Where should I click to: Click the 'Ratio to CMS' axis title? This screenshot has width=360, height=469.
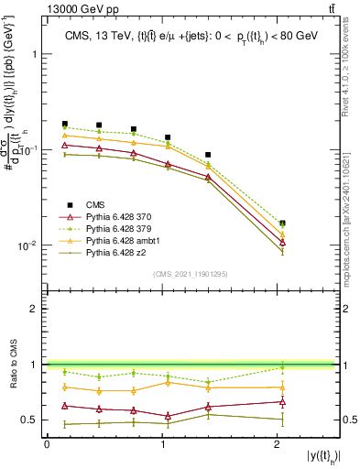click(12, 364)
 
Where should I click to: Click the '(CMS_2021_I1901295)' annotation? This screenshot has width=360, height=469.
click(191, 274)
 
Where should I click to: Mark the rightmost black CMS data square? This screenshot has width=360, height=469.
click(282, 224)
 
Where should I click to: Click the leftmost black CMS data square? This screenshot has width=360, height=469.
click(64, 124)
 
